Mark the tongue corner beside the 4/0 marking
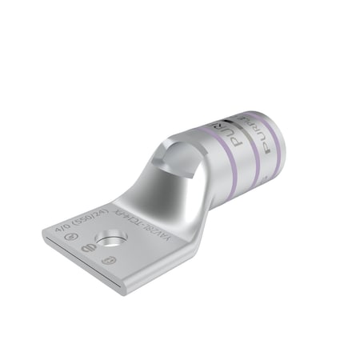(x=46, y=232)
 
